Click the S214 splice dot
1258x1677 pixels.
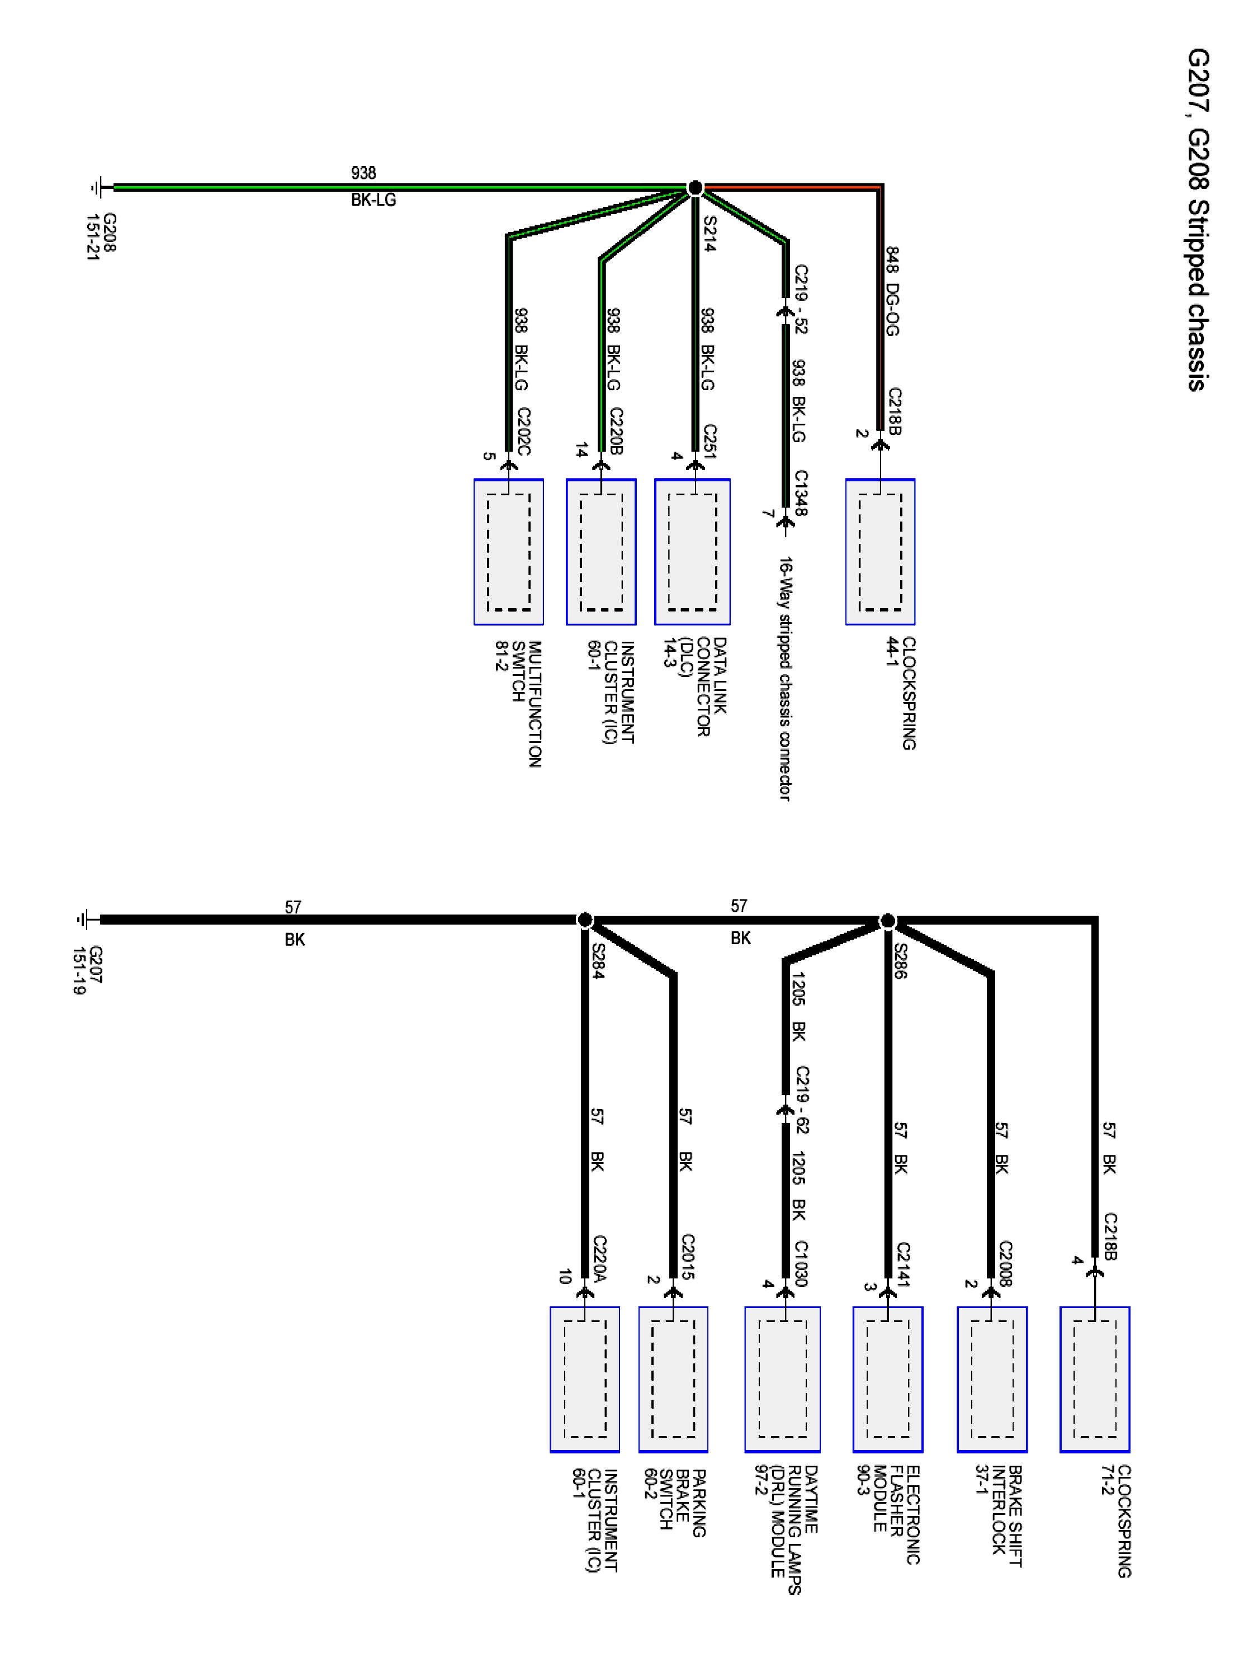694,187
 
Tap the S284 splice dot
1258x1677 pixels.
585,920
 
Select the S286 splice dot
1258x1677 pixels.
887,921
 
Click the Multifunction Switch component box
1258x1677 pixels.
508,551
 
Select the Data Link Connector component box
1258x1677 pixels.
692,551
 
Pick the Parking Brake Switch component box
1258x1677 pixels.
673,1379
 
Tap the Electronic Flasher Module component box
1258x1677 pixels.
887,1379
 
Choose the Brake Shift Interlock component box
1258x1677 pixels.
991,1379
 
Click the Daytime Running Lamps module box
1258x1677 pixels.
782,1379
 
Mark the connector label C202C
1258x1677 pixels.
524,430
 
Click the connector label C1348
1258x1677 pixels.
801,493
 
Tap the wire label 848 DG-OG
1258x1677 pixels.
892,291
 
